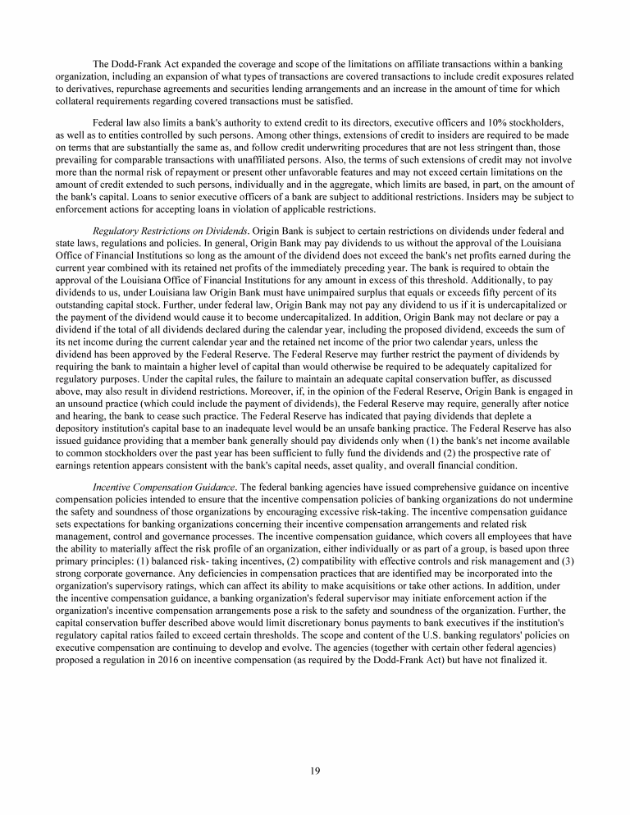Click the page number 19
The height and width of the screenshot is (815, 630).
315,769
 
